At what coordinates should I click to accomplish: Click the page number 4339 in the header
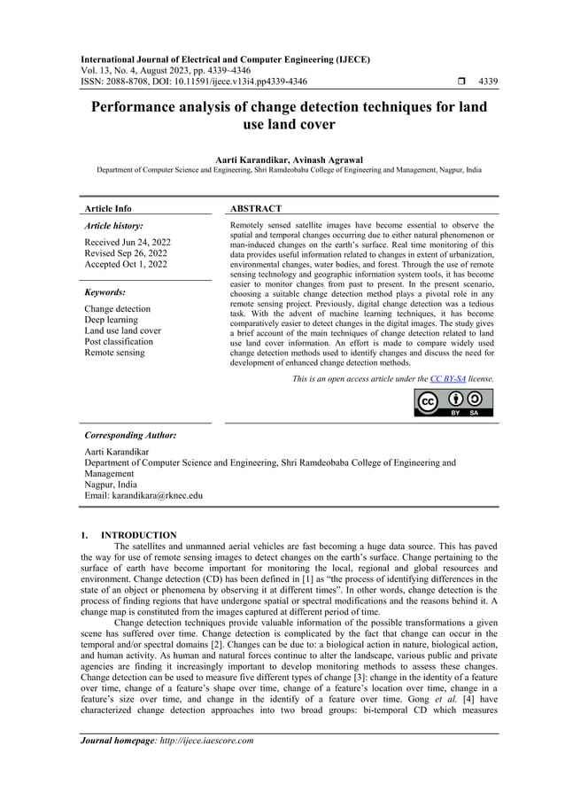click(487, 81)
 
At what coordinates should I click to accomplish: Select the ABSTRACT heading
click(256, 208)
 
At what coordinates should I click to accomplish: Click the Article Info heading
click(108, 208)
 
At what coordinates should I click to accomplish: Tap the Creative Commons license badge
click(454, 401)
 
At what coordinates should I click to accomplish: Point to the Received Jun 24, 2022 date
click(128, 242)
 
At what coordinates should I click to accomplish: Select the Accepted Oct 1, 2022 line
click(125, 264)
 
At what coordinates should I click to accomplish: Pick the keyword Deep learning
click(111, 320)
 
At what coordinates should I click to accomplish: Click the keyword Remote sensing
click(114, 353)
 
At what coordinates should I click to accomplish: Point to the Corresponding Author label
click(129, 436)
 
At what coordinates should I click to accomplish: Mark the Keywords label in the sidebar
click(104, 291)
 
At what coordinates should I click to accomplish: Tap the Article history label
click(113, 226)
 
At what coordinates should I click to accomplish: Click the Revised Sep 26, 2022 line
click(126, 253)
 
